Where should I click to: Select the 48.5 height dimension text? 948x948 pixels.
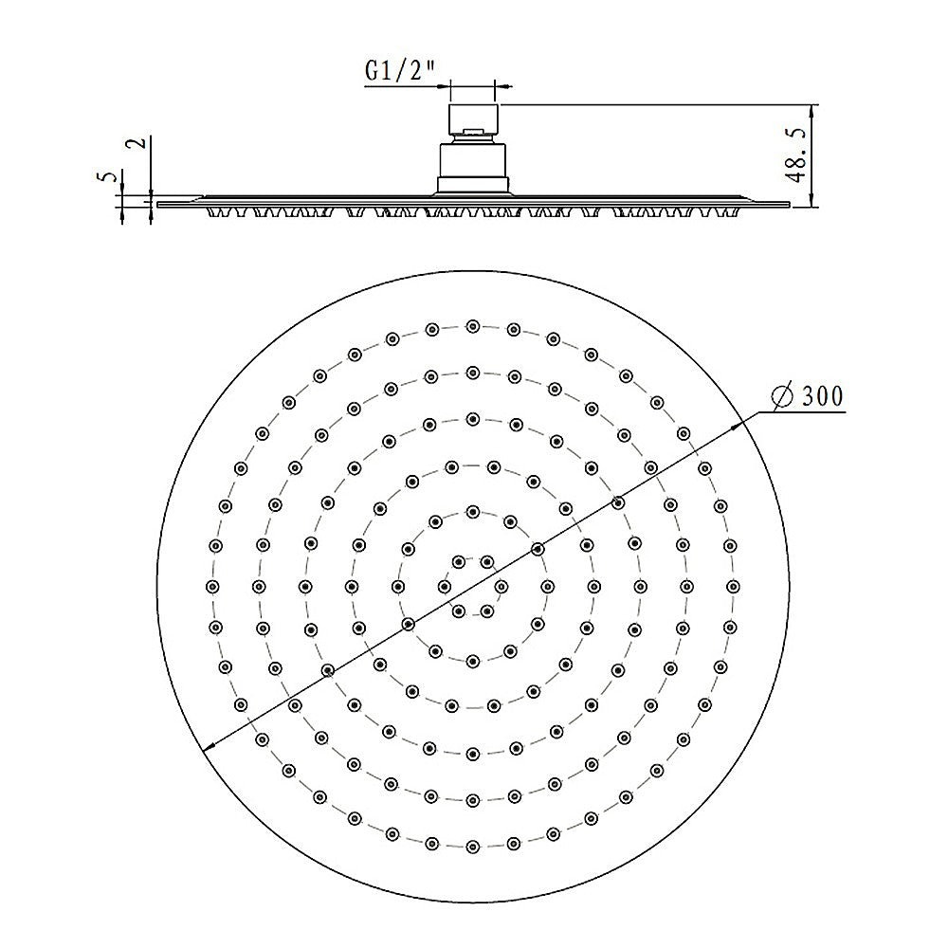pyautogui.click(x=795, y=152)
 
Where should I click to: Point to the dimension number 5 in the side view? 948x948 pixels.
pyautogui.click(x=109, y=177)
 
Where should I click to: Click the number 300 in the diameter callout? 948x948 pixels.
pyautogui.click(x=822, y=397)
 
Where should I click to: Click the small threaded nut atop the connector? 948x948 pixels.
pyautogui.click(x=472, y=121)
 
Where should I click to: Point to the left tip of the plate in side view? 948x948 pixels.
pyautogui.click(x=159, y=202)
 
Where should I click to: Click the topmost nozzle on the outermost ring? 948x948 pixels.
pyautogui.click(x=472, y=326)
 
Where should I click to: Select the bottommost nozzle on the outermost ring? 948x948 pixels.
pyautogui.click(x=472, y=842)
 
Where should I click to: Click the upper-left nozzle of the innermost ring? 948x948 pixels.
pyautogui.click(x=459, y=561)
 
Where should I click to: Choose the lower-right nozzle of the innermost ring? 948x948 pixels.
pyautogui.click(x=487, y=610)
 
